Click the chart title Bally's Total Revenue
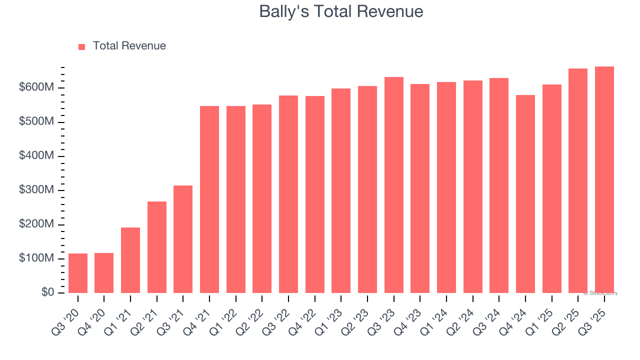click(341, 11)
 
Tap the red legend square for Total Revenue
click(82, 46)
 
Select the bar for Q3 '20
click(78, 273)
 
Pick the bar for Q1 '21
click(130, 260)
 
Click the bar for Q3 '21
click(183, 239)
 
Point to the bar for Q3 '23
click(393, 185)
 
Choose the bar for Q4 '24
click(525, 194)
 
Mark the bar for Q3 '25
click(604, 179)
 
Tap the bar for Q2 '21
click(157, 247)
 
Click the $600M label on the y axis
click(36, 87)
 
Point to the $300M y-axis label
click(36, 190)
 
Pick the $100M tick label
click(36, 258)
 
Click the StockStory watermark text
click(600, 293)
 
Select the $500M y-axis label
click(36, 122)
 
